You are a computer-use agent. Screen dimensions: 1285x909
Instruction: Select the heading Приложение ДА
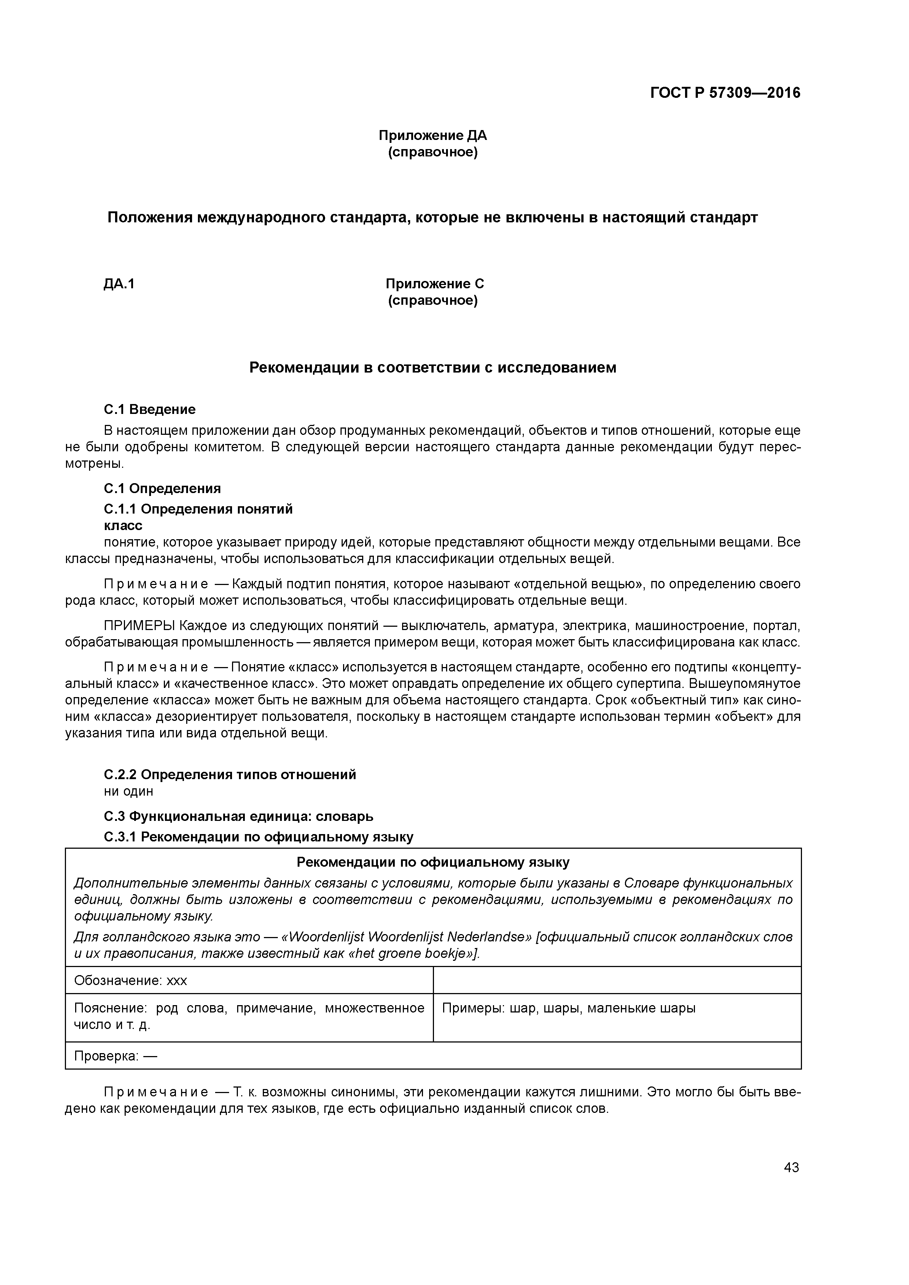(x=433, y=136)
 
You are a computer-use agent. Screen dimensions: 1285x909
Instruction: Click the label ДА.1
(x=119, y=284)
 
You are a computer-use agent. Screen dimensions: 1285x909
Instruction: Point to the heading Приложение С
(x=435, y=284)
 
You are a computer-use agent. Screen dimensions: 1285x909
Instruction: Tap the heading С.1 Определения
(x=162, y=489)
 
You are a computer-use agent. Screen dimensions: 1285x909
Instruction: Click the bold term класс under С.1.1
(x=123, y=526)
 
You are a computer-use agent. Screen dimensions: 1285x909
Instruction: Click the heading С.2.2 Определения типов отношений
(x=229, y=775)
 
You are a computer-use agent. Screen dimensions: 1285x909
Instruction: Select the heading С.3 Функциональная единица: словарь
(x=238, y=816)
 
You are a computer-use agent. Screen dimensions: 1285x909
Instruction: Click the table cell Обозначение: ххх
(x=130, y=981)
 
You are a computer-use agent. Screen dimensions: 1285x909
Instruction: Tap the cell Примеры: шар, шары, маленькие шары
(x=568, y=1008)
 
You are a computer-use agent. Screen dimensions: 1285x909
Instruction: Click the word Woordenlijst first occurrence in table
(x=325, y=937)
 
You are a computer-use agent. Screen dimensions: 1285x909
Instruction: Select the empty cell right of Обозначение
(x=617, y=981)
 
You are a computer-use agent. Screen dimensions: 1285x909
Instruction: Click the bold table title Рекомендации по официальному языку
(x=433, y=862)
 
